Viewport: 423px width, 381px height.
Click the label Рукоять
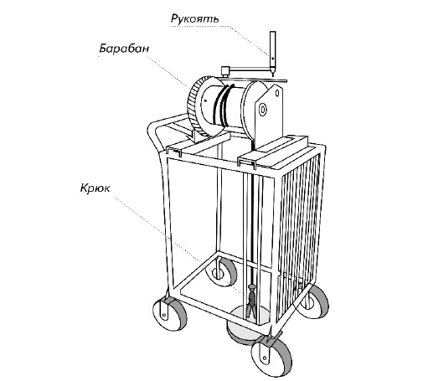click(x=194, y=18)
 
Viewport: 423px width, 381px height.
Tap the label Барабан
click(x=124, y=49)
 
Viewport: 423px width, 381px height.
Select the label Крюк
click(x=95, y=188)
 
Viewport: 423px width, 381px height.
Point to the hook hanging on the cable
click(x=251, y=301)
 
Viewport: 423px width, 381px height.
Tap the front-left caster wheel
click(x=169, y=314)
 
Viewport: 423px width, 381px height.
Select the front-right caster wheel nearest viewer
click(x=271, y=357)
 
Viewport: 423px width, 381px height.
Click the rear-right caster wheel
click(x=313, y=301)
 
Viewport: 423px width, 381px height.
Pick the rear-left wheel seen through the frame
click(x=220, y=271)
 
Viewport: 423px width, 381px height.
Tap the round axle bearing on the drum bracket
click(x=263, y=110)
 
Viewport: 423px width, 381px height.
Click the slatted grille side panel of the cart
click(x=299, y=220)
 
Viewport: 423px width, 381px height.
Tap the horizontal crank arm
click(x=250, y=69)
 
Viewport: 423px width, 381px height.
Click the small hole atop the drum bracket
click(x=277, y=93)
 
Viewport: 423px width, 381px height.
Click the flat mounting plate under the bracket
click(x=274, y=151)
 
